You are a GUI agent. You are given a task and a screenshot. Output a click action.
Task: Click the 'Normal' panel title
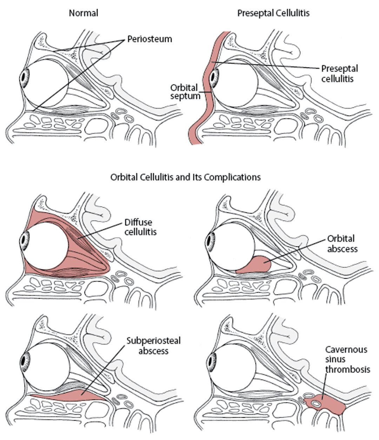(x=84, y=14)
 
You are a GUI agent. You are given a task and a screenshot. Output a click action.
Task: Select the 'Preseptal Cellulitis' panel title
(x=273, y=14)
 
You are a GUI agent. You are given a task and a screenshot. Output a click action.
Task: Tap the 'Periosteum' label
(x=149, y=39)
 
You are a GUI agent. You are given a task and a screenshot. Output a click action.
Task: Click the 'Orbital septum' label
(x=184, y=92)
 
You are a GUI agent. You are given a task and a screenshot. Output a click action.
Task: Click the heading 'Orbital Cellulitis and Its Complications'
(x=185, y=177)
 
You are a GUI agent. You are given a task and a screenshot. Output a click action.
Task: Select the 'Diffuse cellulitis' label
(x=140, y=227)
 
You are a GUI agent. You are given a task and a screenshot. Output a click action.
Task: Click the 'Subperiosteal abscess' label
(x=153, y=346)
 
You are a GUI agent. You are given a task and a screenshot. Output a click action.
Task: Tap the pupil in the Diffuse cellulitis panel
(x=25, y=241)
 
